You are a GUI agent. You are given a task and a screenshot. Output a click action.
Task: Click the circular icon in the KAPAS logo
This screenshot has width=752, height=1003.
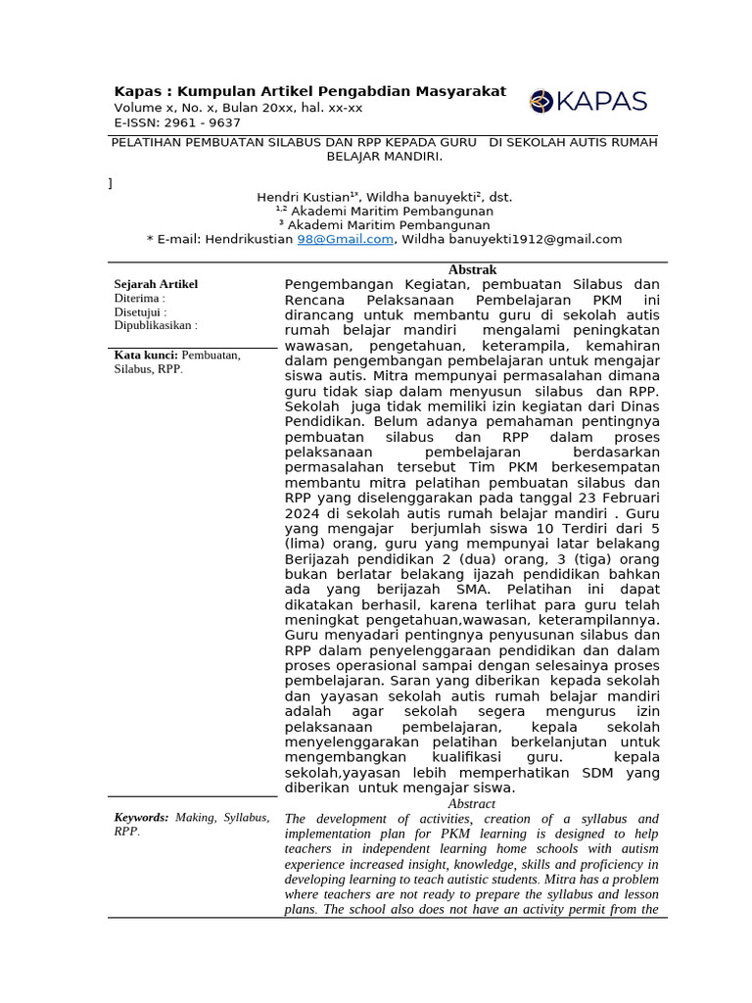pos(541,101)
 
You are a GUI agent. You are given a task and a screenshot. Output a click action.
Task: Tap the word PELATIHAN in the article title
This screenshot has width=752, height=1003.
pos(148,142)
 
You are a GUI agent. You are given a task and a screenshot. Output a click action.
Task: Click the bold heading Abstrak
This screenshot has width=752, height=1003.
pos(472,269)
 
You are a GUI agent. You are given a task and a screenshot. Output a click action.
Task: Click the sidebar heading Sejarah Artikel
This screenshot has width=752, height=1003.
pos(156,284)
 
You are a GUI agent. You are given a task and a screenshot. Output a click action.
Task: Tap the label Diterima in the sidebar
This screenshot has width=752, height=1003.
pos(137,298)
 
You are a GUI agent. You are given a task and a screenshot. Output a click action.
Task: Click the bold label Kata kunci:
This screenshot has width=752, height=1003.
pos(146,355)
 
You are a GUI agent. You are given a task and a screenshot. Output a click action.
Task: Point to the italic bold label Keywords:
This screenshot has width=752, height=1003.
pos(141,817)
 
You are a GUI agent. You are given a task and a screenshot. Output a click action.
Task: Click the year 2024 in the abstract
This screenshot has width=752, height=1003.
pos(302,511)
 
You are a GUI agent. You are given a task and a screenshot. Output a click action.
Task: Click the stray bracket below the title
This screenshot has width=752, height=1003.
pos(110,183)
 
